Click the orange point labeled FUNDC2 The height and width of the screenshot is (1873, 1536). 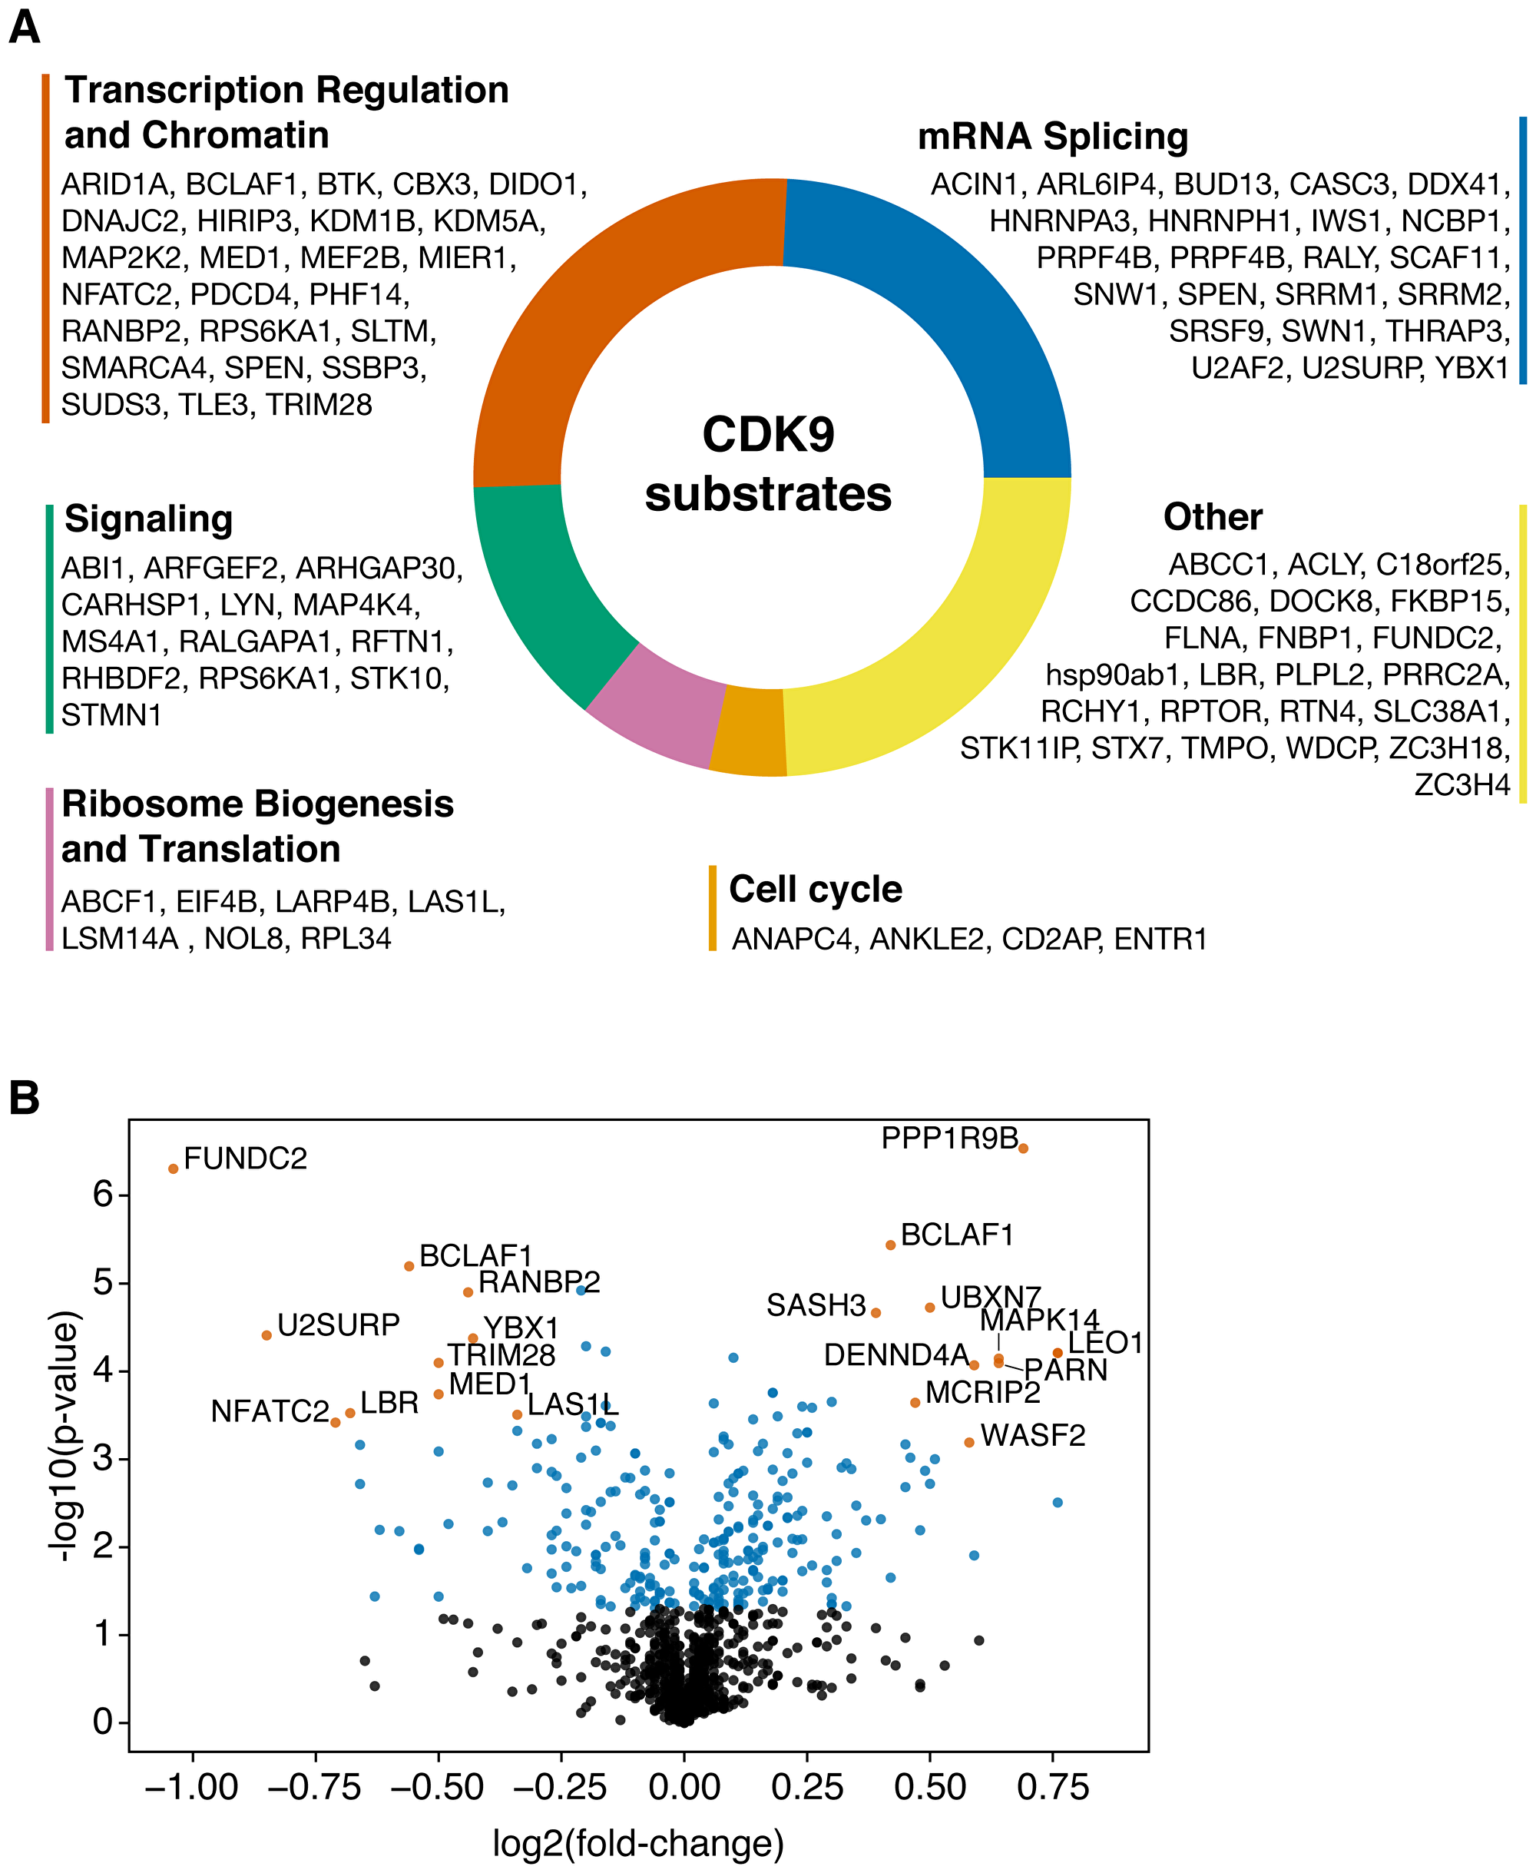pyautogui.click(x=174, y=1169)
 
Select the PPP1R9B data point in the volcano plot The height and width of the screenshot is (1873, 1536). pyautogui.click(x=1023, y=1148)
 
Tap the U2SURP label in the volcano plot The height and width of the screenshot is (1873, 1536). pyautogui.click(x=338, y=1325)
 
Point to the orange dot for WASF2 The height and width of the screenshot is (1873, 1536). pyautogui.click(x=969, y=1442)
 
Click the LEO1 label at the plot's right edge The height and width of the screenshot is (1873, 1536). pyautogui.click(x=1105, y=1343)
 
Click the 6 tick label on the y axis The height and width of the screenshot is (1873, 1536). pyautogui.click(x=104, y=1195)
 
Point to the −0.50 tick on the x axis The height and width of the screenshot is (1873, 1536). pyautogui.click(x=438, y=1787)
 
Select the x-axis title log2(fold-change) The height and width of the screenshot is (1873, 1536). pyautogui.click(x=638, y=1844)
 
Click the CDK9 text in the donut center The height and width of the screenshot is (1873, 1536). pyautogui.click(x=768, y=435)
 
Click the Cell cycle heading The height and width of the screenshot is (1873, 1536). pyautogui.click(x=815, y=889)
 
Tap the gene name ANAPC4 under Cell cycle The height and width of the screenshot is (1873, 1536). pyautogui.click(x=793, y=939)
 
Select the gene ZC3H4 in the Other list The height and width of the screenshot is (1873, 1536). pyautogui.click(x=1461, y=785)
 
